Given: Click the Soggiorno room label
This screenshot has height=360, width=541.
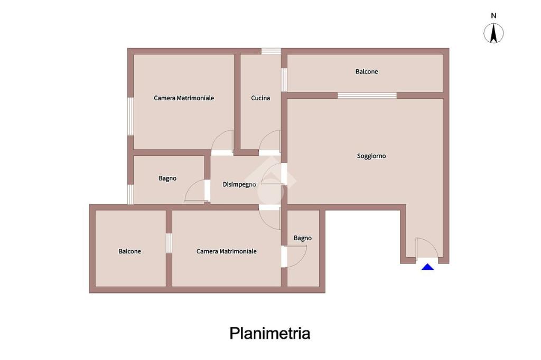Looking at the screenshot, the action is tap(371, 156).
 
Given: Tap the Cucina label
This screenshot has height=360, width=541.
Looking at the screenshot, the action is tap(260, 98).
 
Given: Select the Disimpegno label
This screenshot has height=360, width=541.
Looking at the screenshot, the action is tap(239, 184).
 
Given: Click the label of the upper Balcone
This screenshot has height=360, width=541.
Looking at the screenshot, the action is tap(367, 72).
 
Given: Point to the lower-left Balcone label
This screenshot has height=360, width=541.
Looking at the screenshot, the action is tap(129, 252).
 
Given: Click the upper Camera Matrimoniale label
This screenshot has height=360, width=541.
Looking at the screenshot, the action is tap(184, 98).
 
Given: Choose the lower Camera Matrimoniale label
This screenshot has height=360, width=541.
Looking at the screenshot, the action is tap(227, 252).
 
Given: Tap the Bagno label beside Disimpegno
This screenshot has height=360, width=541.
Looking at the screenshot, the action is tap(167, 178).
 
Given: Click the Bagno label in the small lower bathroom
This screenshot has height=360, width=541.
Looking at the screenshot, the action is tap(303, 239).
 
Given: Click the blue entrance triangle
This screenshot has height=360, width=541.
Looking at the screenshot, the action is tap(427, 267).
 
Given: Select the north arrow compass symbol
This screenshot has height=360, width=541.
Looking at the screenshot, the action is tap(493, 34).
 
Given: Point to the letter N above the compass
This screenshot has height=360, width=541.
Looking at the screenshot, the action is tap(493, 16).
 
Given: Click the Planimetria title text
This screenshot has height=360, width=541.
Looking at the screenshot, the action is tap(269, 334).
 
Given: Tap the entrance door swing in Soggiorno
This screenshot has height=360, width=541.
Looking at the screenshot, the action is tap(425, 248).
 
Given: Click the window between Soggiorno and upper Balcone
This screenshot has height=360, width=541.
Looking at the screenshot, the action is tap(367, 96).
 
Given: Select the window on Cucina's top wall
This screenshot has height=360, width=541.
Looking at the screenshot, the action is tap(271, 51).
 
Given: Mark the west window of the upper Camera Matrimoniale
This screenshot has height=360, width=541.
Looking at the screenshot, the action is tap(130, 116).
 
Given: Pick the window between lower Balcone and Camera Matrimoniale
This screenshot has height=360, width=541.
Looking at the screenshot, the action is tap(169, 243).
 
